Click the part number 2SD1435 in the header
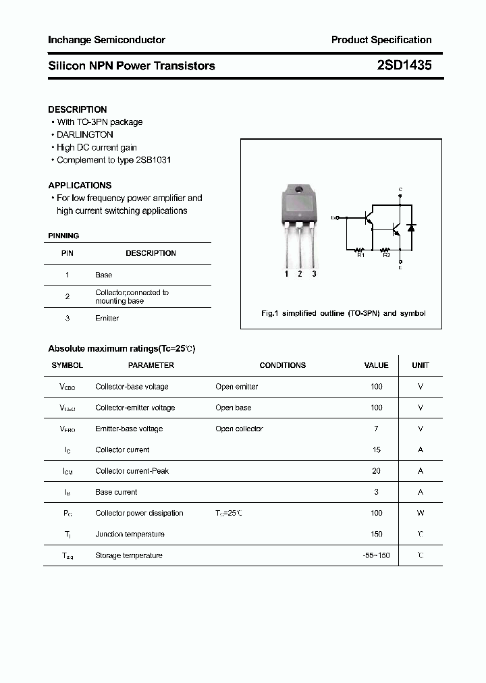(x=404, y=65)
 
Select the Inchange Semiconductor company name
(x=107, y=40)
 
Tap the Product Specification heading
(x=381, y=40)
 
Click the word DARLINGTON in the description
(x=85, y=134)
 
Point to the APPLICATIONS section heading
(x=80, y=185)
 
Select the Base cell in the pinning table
(x=103, y=275)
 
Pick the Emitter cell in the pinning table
(x=107, y=318)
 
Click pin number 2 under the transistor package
(x=300, y=274)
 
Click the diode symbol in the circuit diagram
(x=411, y=227)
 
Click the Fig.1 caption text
(x=343, y=313)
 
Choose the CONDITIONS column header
(x=282, y=365)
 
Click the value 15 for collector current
(x=376, y=449)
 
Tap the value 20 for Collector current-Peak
(x=376, y=471)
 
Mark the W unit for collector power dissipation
(x=421, y=513)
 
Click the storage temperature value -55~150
(x=376, y=555)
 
